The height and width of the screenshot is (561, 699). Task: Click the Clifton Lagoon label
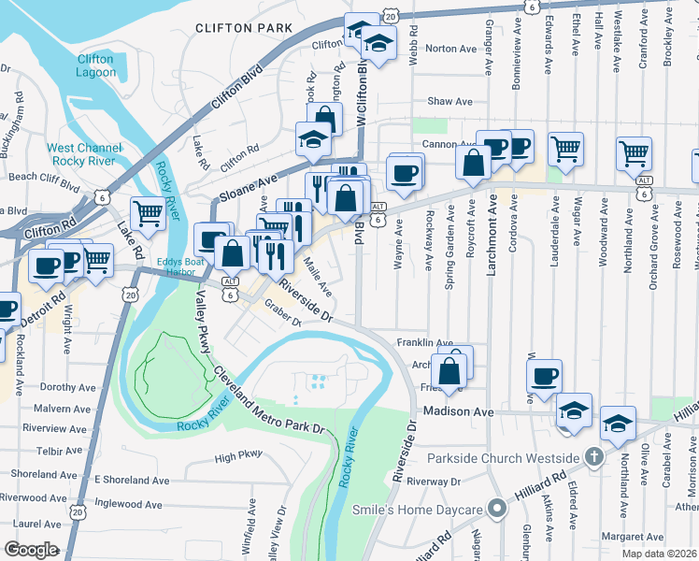pyautogui.click(x=95, y=65)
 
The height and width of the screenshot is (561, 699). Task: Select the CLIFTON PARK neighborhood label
pyautogui.click(x=245, y=29)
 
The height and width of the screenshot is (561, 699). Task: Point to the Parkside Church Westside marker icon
pyautogui.click(x=592, y=458)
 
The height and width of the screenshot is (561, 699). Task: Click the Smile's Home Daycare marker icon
pyautogui.click(x=498, y=510)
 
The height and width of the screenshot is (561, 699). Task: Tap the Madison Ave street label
pyautogui.click(x=457, y=411)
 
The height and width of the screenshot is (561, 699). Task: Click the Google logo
pyautogui.click(x=31, y=550)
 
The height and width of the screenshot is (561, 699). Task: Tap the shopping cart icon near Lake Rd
pyautogui.click(x=148, y=214)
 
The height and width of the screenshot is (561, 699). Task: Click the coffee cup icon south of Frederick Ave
pyautogui.click(x=544, y=377)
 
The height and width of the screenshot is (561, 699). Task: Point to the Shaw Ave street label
pyautogui.click(x=450, y=101)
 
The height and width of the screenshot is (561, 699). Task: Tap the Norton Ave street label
pyautogui.click(x=451, y=49)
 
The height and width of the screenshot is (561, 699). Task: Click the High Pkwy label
pyautogui.click(x=238, y=457)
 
